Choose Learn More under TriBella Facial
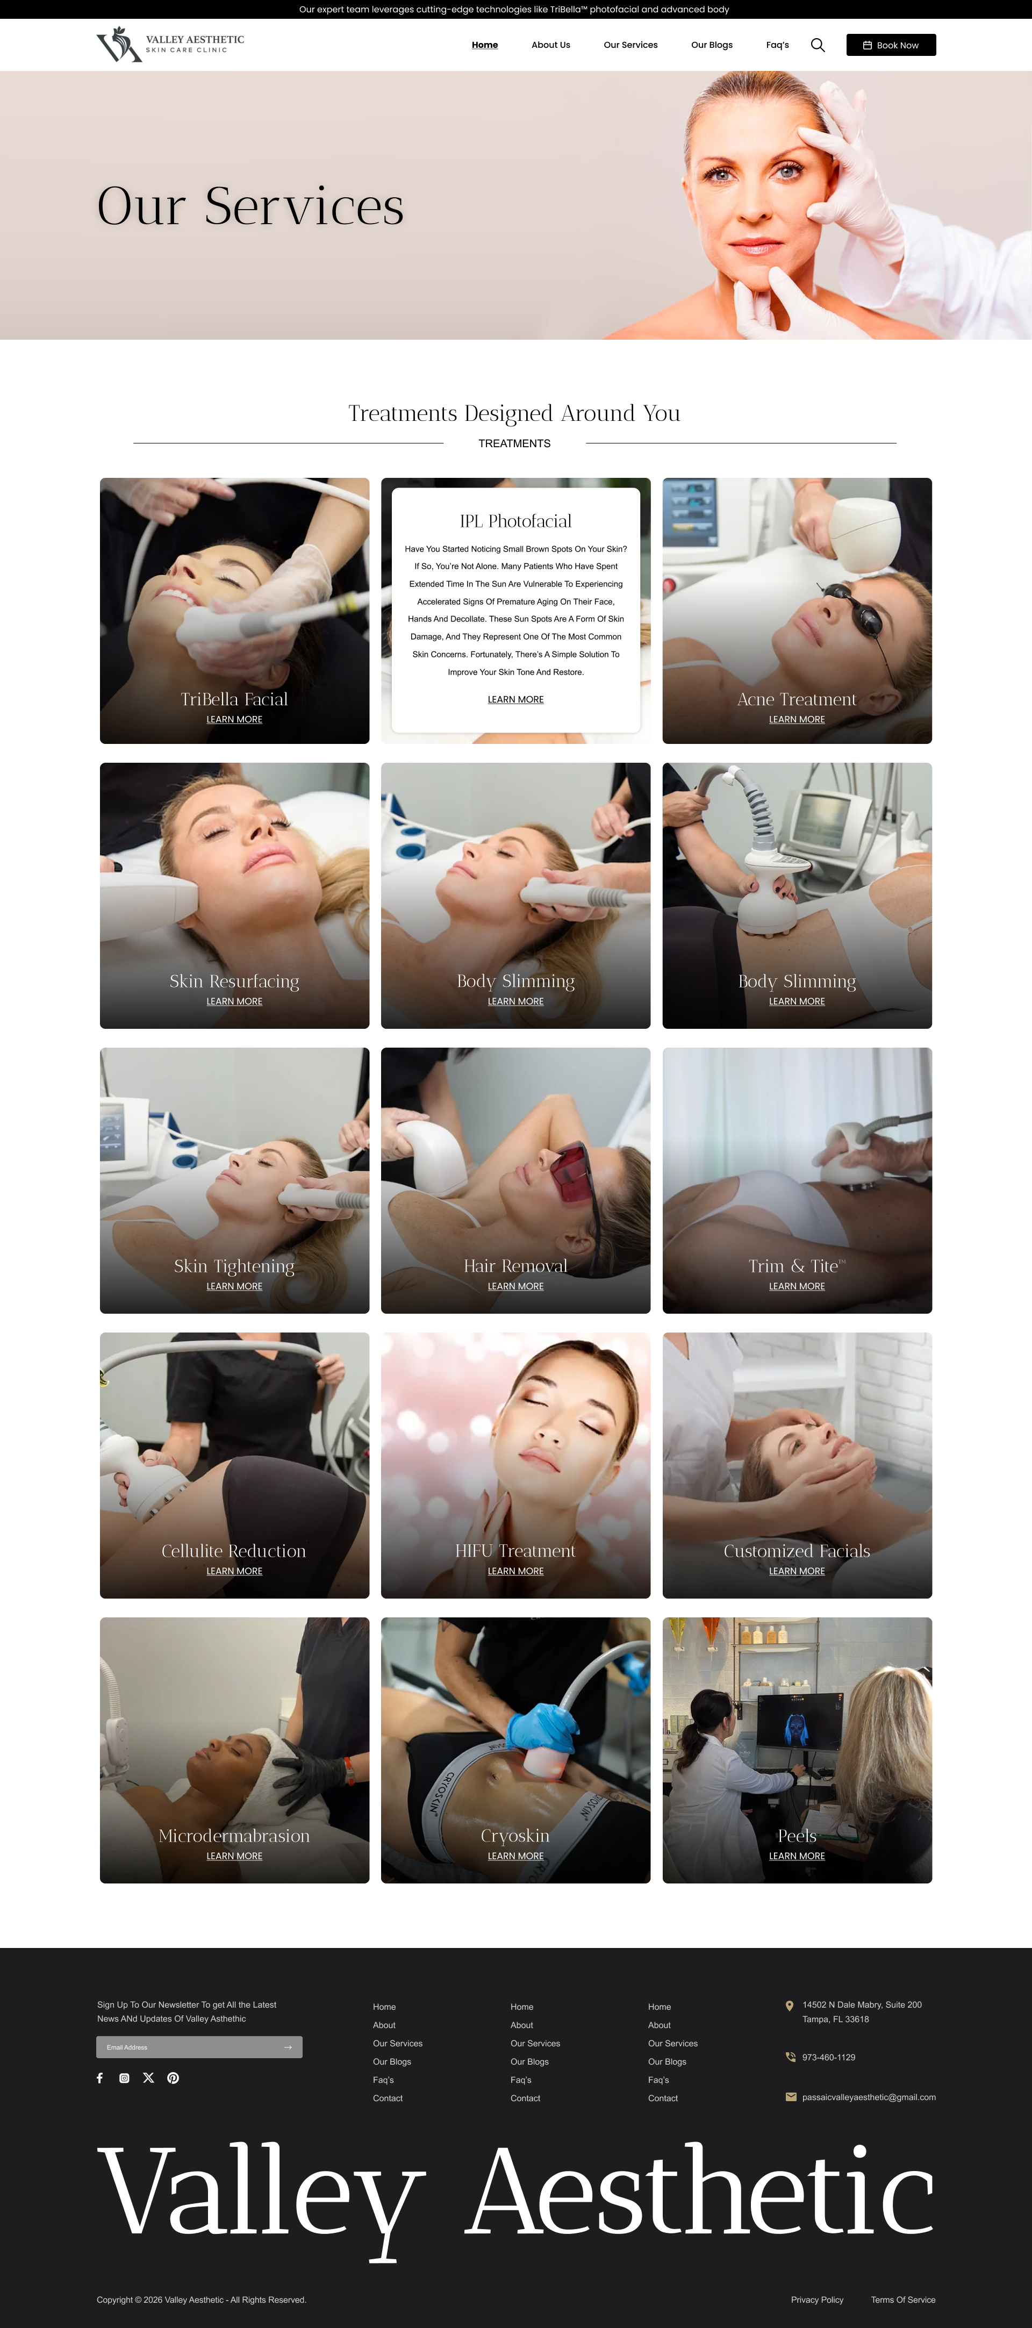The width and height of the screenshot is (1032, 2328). click(x=234, y=719)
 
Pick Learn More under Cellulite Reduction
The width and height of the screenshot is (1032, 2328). click(x=234, y=1571)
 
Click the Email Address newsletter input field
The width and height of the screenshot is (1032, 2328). click(x=199, y=2047)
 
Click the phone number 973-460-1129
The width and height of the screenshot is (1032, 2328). click(x=829, y=2057)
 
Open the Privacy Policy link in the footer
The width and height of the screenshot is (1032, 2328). click(x=817, y=2299)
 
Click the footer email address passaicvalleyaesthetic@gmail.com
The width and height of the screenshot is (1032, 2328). click(x=869, y=2097)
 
